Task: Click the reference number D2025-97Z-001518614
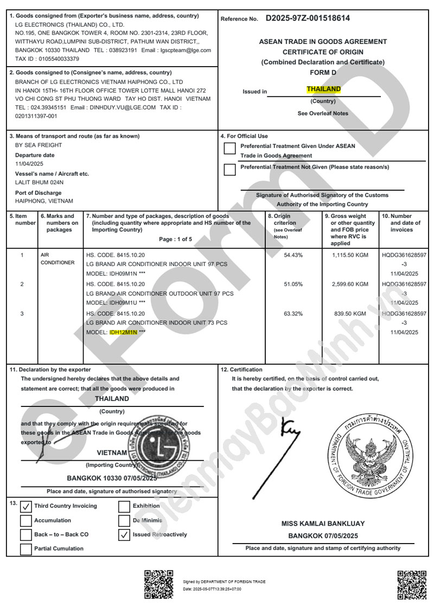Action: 308,18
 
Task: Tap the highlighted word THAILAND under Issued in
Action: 323,89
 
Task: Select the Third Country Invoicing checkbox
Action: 26,507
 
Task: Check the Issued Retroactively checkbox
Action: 124,535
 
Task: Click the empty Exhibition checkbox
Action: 124,507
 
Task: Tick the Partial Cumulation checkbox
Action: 26,549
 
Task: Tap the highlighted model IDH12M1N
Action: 123,332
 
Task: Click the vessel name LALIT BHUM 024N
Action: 40,182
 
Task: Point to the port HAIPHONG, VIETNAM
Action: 44,201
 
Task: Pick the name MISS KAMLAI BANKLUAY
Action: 323,523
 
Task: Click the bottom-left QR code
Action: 158,584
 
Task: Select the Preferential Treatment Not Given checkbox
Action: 230,170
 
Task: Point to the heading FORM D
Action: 323,72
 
